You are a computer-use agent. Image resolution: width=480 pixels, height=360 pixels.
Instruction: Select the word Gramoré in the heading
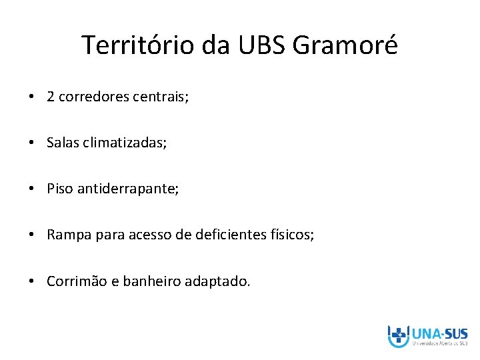tap(345, 45)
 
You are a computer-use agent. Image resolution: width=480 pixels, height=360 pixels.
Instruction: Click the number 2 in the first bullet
tap(51, 97)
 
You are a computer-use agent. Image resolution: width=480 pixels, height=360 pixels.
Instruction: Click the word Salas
tap(63, 143)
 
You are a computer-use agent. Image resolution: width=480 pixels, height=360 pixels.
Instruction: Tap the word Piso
tap(60, 189)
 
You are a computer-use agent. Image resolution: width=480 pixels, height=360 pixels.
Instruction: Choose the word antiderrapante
tap(127, 189)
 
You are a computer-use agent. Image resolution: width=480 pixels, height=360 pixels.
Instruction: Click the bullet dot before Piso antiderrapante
tap(32, 189)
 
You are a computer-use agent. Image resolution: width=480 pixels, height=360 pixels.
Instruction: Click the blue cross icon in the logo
tap(399, 335)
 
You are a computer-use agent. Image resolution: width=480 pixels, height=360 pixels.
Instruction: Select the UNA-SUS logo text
tap(439, 333)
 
